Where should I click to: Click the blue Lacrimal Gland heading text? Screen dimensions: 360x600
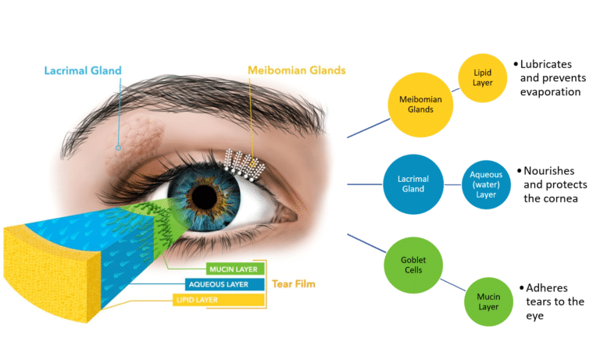tap(82, 70)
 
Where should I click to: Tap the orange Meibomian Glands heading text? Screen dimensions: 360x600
tap(296, 70)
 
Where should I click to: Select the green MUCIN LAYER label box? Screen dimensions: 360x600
tap(228, 270)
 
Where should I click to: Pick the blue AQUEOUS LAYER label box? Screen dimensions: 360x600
tap(219, 284)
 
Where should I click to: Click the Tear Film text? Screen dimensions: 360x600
tap(293, 284)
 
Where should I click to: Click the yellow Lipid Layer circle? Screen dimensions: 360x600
tap(483, 77)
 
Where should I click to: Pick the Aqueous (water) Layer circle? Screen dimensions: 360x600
tap(486, 186)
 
